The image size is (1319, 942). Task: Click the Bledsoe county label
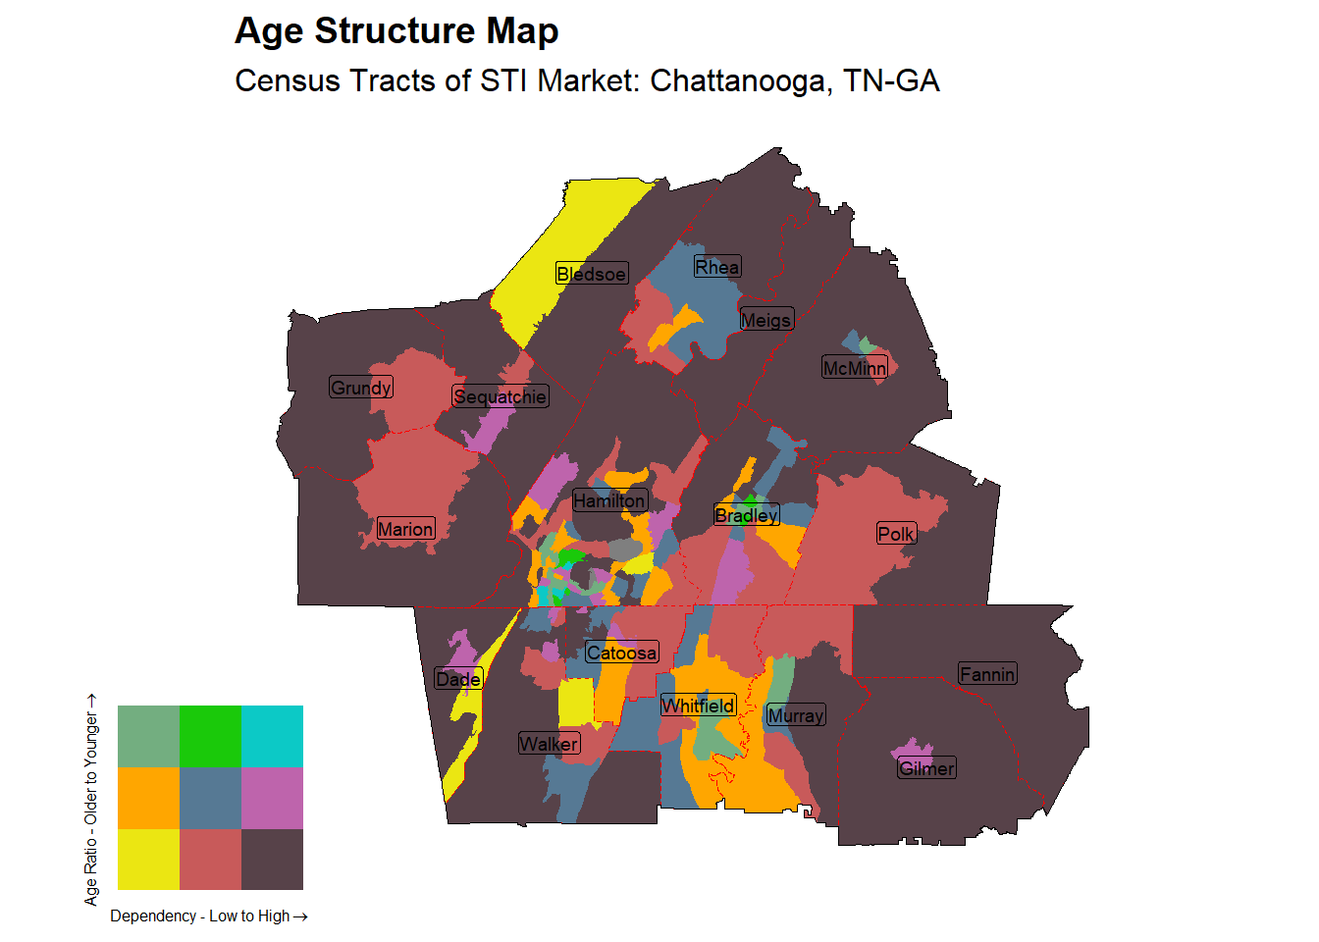point(591,274)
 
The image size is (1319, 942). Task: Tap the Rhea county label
point(716,267)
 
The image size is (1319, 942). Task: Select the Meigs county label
point(765,320)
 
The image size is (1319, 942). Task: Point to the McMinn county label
point(854,368)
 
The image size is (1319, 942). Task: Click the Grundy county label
point(361,388)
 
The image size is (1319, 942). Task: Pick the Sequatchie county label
point(500,396)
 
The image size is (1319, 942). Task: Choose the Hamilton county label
point(609,500)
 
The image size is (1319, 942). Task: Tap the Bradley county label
point(746,515)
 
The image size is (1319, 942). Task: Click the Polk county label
point(896,534)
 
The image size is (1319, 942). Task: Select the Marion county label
point(405,529)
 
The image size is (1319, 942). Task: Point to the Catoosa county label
point(621,653)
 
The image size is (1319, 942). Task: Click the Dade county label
point(458,679)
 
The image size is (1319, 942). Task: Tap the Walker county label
point(549,744)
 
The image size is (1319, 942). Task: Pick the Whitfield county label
point(698,706)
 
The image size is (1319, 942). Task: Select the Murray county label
point(795,715)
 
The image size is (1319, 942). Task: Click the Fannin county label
point(987,674)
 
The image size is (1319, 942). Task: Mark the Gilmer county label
point(926,768)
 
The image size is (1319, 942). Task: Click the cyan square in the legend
point(272,736)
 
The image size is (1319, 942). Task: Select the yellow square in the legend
point(148,860)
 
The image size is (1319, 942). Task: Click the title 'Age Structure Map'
point(396,31)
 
